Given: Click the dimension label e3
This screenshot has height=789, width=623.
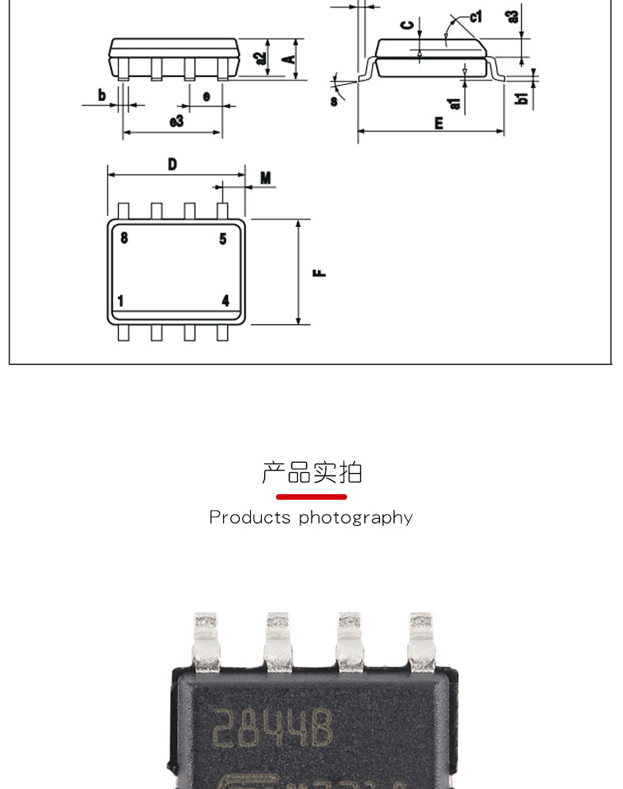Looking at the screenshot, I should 177,121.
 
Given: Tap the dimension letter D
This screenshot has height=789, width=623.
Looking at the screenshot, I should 172,164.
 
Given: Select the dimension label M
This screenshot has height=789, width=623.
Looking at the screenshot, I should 266,179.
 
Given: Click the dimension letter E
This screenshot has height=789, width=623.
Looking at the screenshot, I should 439,122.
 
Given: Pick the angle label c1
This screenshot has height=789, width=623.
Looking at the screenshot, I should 476,17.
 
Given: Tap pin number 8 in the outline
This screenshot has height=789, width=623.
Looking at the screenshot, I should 124,238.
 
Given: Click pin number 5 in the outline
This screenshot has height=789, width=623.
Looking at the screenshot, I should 222,239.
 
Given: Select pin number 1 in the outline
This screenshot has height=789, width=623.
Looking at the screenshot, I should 121,300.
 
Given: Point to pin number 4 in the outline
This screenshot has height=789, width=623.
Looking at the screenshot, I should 225,300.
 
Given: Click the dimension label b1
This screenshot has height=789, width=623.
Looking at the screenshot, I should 520,99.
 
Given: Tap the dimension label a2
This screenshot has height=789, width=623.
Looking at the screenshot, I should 259,58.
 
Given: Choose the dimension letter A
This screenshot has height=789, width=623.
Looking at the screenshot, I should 289,58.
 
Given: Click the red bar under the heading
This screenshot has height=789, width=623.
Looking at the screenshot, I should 311,497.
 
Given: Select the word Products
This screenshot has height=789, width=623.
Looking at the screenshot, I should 249,517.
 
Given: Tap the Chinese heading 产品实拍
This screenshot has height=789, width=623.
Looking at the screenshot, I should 311,473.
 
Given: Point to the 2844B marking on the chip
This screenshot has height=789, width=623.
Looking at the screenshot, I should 274,729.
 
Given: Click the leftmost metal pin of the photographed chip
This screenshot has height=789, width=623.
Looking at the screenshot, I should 205,640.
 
